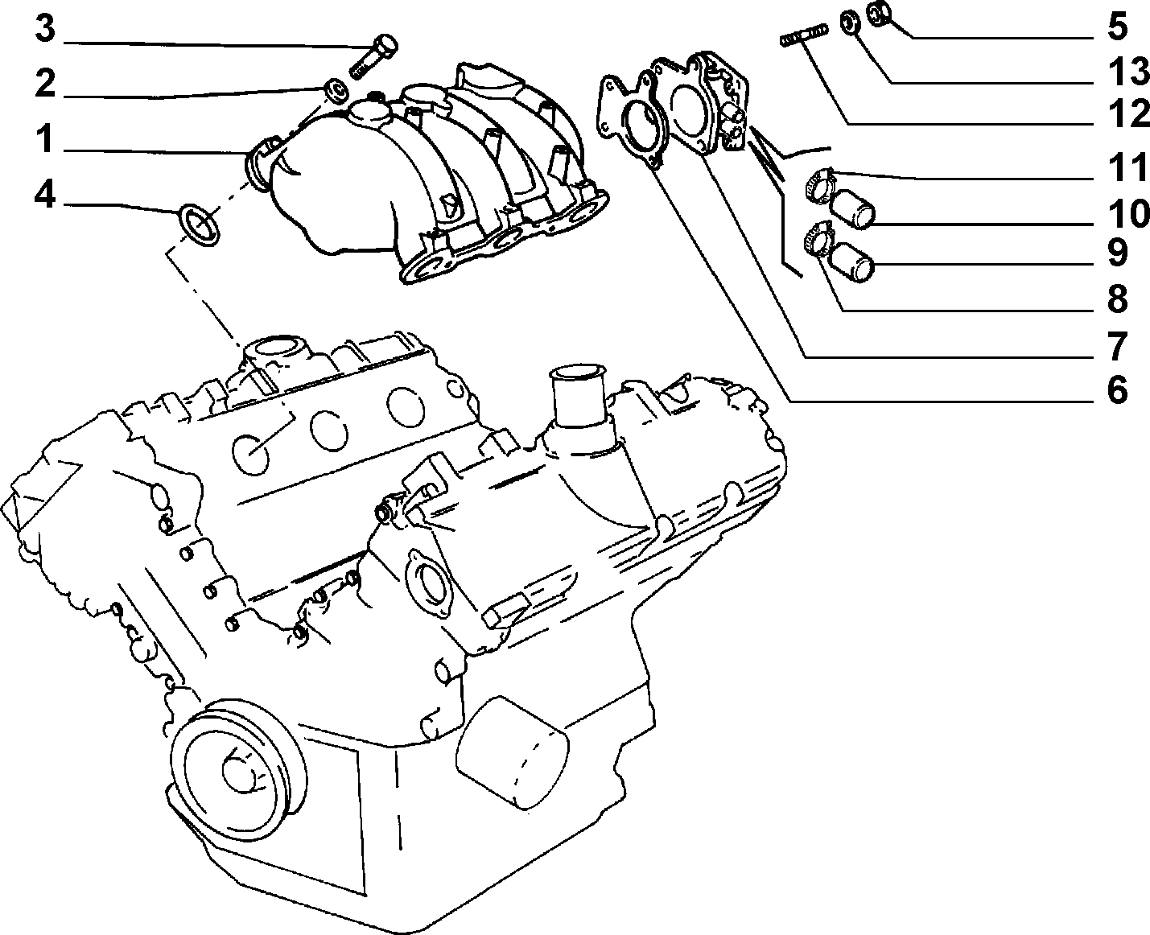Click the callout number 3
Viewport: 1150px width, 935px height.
click(x=45, y=29)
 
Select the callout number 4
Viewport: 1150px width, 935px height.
click(x=45, y=196)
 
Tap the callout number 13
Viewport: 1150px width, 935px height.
click(x=1128, y=72)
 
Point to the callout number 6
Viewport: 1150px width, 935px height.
click(x=1117, y=389)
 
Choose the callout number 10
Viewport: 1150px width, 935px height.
click(x=1128, y=214)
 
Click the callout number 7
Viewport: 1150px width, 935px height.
click(x=1117, y=346)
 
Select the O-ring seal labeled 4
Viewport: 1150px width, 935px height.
click(x=200, y=224)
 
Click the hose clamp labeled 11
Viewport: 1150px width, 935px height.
click(x=820, y=186)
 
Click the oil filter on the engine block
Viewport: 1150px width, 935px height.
click(x=512, y=754)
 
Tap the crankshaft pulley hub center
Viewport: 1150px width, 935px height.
click(x=241, y=773)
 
